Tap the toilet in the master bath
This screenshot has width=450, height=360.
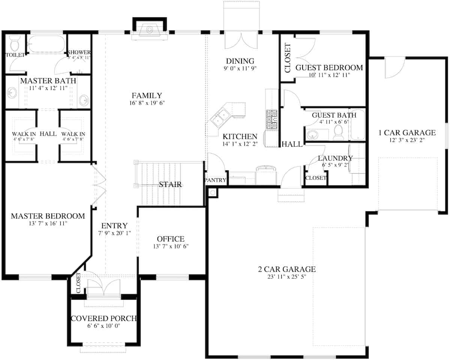[15, 44]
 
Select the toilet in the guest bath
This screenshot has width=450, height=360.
[339, 133]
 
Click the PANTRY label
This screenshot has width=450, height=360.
[216, 180]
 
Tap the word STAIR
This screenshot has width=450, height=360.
[170, 184]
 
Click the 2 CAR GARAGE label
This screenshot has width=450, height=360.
[287, 269]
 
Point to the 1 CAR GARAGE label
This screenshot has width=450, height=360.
[407, 132]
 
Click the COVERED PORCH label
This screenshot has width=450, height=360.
[103, 318]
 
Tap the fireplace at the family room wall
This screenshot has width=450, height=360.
[150, 30]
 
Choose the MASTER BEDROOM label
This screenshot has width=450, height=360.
[48, 216]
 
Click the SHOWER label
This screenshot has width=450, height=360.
[79, 52]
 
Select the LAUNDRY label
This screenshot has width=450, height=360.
[335, 158]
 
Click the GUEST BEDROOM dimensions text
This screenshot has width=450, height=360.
[329, 75]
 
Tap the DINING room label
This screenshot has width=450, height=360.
[240, 61]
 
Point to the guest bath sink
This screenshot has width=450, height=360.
[312, 134]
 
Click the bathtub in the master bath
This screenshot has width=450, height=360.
[46, 44]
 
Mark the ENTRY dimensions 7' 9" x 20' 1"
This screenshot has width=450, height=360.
[114, 233]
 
